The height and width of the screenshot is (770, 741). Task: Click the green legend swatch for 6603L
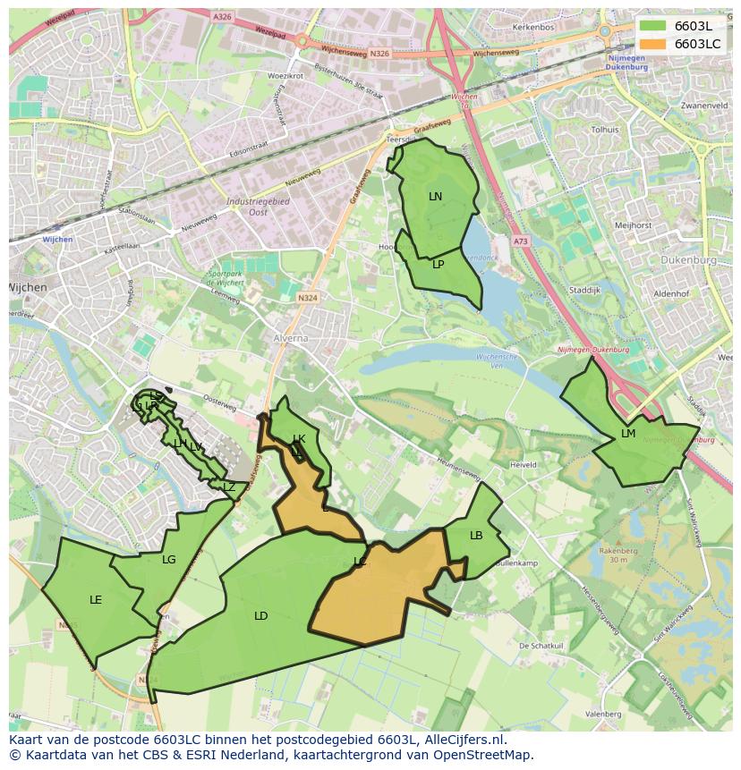(x=653, y=26)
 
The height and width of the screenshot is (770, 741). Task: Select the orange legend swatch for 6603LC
(x=653, y=44)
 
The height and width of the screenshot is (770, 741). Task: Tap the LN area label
(x=435, y=197)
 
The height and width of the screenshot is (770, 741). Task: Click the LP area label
(x=438, y=265)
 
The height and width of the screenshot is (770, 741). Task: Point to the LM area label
(x=628, y=434)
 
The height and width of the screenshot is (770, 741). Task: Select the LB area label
(x=476, y=536)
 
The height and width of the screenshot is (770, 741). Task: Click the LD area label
(x=260, y=616)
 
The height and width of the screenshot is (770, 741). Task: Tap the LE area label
(x=96, y=600)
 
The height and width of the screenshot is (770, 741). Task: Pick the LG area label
(x=169, y=560)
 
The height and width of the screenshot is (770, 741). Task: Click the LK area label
(x=299, y=439)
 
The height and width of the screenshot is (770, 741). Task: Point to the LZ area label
(x=229, y=487)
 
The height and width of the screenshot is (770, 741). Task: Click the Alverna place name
(x=290, y=339)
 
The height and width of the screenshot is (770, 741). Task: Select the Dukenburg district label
(x=689, y=260)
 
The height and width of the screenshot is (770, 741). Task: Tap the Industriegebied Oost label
(x=258, y=207)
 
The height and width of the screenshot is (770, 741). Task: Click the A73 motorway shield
(x=521, y=241)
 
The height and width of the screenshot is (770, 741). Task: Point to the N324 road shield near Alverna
(x=308, y=298)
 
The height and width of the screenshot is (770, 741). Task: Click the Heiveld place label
(x=523, y=465)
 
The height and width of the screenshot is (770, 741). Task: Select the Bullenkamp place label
(x=515, y=564)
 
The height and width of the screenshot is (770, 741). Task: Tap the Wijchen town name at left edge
(x=27, y=287)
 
